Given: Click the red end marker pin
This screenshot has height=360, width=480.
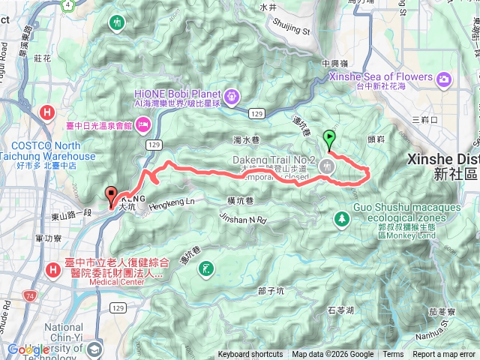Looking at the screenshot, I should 111,196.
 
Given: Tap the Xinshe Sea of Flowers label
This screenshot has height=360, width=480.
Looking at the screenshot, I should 381,77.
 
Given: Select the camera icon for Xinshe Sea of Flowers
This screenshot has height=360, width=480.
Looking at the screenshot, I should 445,78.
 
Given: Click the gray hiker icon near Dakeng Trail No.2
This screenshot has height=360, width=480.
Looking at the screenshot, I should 326,166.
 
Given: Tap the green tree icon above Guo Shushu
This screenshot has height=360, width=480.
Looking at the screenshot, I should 343,218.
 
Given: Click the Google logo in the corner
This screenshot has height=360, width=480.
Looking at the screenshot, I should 28,349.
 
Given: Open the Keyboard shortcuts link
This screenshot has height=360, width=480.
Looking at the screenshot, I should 250,355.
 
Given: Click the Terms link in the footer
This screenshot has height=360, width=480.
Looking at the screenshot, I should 392,355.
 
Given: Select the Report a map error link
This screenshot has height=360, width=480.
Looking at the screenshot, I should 445,355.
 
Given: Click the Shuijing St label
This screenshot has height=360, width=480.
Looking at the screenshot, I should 295,31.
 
